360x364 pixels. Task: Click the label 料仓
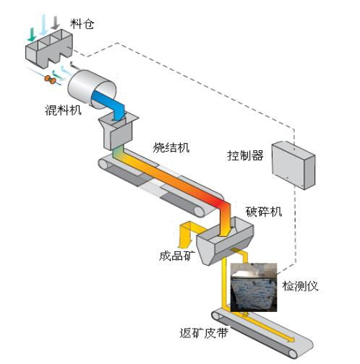(82, 24)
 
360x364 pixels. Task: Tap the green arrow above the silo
(32, 35)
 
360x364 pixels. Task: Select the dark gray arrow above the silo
(56, 22)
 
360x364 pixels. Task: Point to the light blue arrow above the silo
(43, 25)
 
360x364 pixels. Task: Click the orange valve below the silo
(51, 79)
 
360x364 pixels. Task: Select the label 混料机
(63, 110)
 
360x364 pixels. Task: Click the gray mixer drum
(92, 88)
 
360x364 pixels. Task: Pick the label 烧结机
(171, 147)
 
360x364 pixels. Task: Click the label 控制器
(245, 155)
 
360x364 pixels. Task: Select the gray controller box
(293, 165)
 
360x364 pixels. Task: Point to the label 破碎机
(264, 212)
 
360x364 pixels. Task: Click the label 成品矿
(177, 256)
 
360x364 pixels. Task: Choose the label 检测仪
(300, 286)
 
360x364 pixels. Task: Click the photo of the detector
(254, 287)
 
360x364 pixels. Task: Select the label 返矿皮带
(204, 333)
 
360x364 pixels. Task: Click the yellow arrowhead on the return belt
(291, 339)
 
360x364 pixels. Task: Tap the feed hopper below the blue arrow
(118, 131)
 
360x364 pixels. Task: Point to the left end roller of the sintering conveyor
(103, 165)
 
